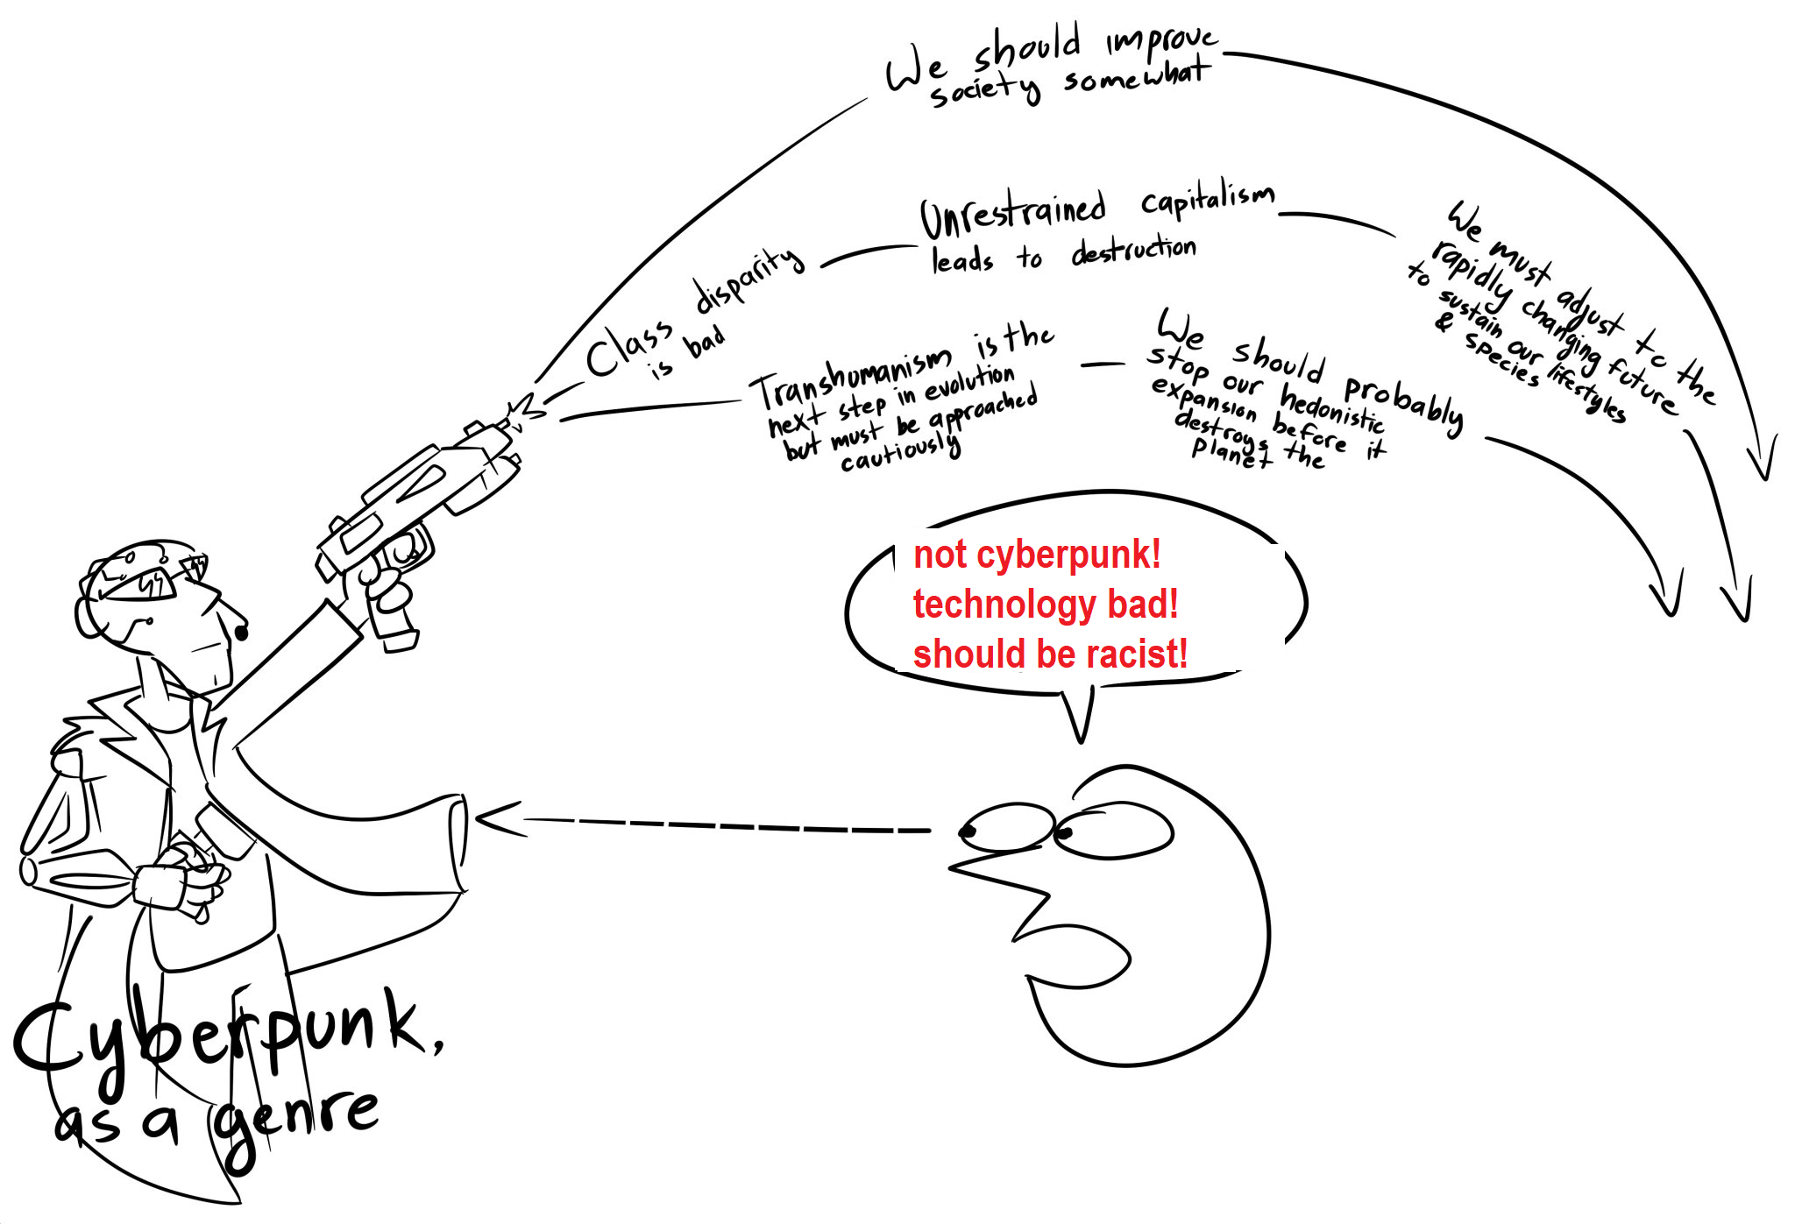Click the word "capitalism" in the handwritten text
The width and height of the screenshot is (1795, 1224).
click(x=1208, y=202)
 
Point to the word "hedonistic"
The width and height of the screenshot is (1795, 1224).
click(x=1332, y=408)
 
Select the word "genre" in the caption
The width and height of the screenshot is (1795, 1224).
click(x=293, y=1126)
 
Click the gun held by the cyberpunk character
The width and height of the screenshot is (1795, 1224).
click(x=416, y=517)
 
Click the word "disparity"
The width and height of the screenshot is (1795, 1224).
click(x=749, y=279)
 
